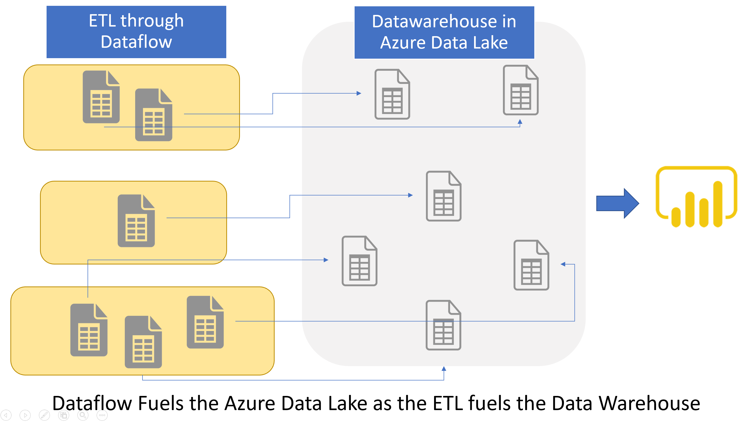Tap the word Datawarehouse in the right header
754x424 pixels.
click(434, 22)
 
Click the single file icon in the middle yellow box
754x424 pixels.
click(136, 221)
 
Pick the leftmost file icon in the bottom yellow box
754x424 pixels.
click(89, 330)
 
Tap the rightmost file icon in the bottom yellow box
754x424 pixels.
click(205, 322)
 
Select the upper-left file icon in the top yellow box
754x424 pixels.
click(101, 97)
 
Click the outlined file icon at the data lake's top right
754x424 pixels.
click(520, 90)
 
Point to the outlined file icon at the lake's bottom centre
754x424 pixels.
click(443, 325)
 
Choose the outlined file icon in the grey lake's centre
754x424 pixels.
click(443, 196)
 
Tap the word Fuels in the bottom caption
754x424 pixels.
click(161, 403)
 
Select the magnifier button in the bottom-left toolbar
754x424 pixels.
click(83, 415)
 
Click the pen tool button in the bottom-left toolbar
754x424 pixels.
click(44, 415)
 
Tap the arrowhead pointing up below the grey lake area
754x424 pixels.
click(444, 369)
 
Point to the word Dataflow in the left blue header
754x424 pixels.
click(136, 42)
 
